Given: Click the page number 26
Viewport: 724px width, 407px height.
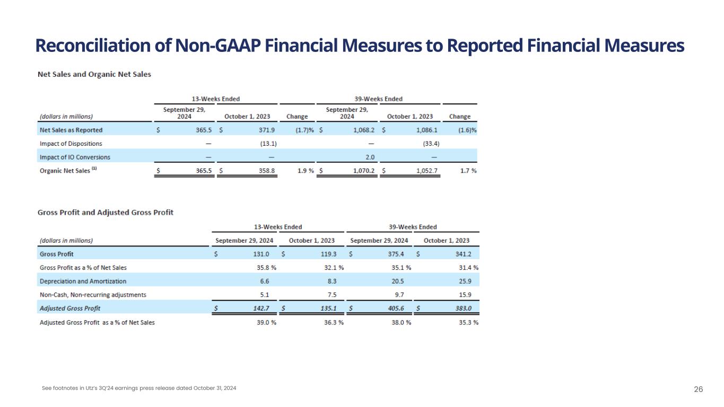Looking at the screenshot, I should click(699, 390).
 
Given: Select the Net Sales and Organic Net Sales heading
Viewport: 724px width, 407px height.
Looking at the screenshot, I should click(94, 74).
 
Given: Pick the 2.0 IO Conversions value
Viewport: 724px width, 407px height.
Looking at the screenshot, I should click(370, 157).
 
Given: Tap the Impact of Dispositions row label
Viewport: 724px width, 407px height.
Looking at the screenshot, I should click(71, 144).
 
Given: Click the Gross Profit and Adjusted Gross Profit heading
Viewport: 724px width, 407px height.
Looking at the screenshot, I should click(106, 213).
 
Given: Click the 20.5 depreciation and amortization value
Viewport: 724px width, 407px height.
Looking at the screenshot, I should click(404, 281).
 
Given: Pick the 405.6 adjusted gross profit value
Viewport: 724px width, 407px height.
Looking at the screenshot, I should click(401, 308).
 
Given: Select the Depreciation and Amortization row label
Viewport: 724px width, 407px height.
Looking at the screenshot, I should click(83, 281).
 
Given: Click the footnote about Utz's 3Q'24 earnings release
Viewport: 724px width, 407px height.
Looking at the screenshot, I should click(139, 388).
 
